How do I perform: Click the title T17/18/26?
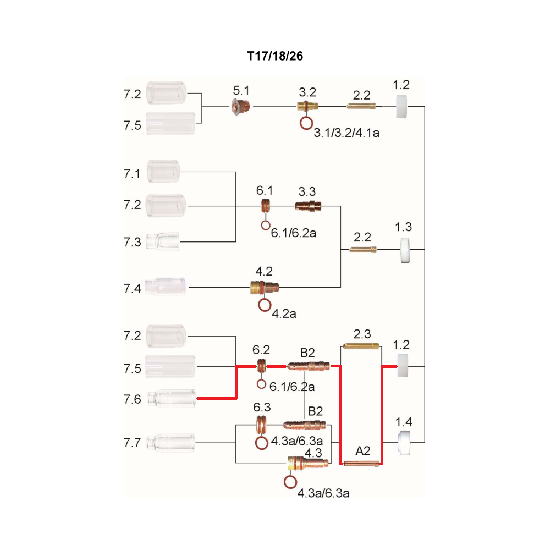[x=275, y=56]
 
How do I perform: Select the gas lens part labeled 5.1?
[x=241, y=106]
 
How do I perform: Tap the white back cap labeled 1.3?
[x=405, y=250]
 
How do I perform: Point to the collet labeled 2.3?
[x=361, y=346]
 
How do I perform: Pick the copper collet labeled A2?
[x=361, y=463]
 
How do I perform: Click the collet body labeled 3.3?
[x=308, y=206]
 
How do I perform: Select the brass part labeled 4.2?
[x=265, y=287]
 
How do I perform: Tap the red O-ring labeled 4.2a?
[x=265, y=305]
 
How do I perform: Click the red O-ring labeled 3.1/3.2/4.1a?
[x=306, y=123]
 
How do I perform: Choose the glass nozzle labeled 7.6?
[x=172, y=398]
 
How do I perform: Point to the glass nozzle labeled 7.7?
[x=170, y=443]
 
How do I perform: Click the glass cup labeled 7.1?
[x=163, y=171]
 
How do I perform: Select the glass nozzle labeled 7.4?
[x=165, y=287]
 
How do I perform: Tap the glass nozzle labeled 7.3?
[x=162, y=241]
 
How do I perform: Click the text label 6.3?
[x=262, y=407]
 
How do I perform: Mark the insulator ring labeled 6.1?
[x=266, y=206]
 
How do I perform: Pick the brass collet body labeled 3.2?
[x=307, y=106]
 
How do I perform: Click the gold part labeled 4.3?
[x=307, y=463]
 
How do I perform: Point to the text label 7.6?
[x=132, y=399]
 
